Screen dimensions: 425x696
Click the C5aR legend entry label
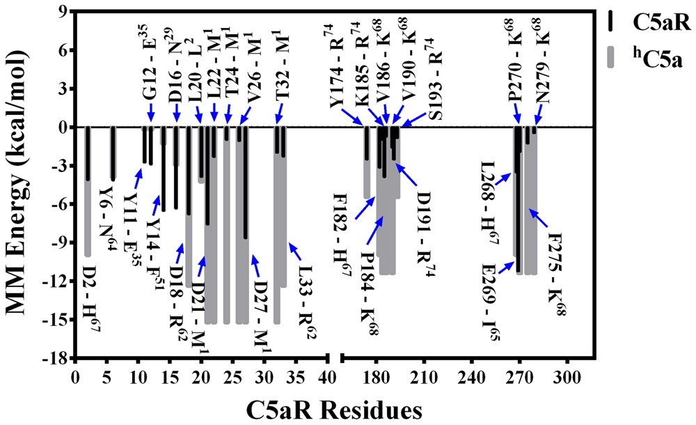661,24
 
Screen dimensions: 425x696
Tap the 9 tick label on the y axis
61,12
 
